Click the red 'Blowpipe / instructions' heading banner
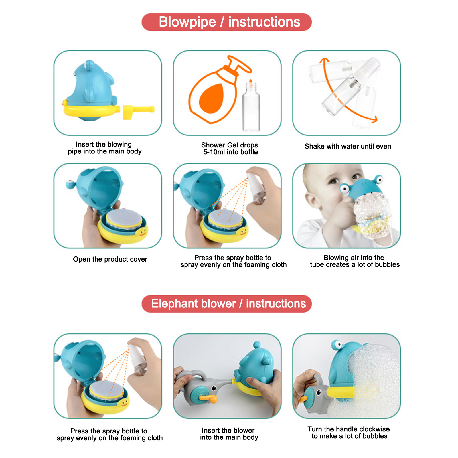pyautogui.click(x=226, y=22)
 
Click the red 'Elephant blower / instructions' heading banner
pyautogui.click(x=226, y=304)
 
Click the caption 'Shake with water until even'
pyautogui.click(x=348, y=146)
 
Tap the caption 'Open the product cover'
pyautogui.click(x=110, y=259)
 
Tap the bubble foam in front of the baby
pyautogui.click(x=372, y=216)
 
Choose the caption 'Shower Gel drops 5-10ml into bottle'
pyautogui.click(x=230, y=148)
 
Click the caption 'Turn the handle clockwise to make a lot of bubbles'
pyautogui.click(x=349, y=433)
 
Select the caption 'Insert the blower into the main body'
pyautogui.click(x=229, y=434)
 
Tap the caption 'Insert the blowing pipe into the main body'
pyautogui.click(x=104, y=148)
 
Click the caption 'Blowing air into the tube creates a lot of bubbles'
pyautogui.click(x=354, y=261)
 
